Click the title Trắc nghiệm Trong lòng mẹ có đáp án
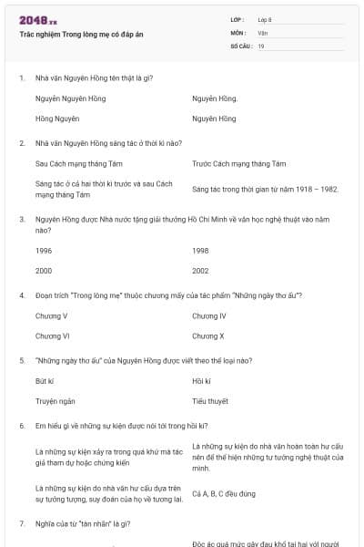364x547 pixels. tap(81, 34)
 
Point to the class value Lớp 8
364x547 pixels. tap(266, 19)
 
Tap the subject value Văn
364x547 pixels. tap(262, 33)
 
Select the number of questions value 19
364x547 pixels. tap(261, 46)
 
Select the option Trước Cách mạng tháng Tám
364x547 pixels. tap(239, 163)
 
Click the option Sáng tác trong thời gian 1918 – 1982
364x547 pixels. tap(265, 190)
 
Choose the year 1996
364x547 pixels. tap(44, 250)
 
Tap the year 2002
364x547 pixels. tap(200, 271)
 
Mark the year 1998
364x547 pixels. tap(200, 250)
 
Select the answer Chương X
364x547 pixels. tap(208, 336)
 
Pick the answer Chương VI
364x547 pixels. tap(53, 336)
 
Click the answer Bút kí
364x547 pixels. tap(45, 380)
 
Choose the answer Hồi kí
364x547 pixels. tap(201, 380)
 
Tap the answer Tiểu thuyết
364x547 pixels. tap(210, 401)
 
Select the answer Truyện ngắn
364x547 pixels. tap(55, 401)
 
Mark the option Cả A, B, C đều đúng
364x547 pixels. tap(223, 494)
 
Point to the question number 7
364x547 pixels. tap(21, 523)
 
